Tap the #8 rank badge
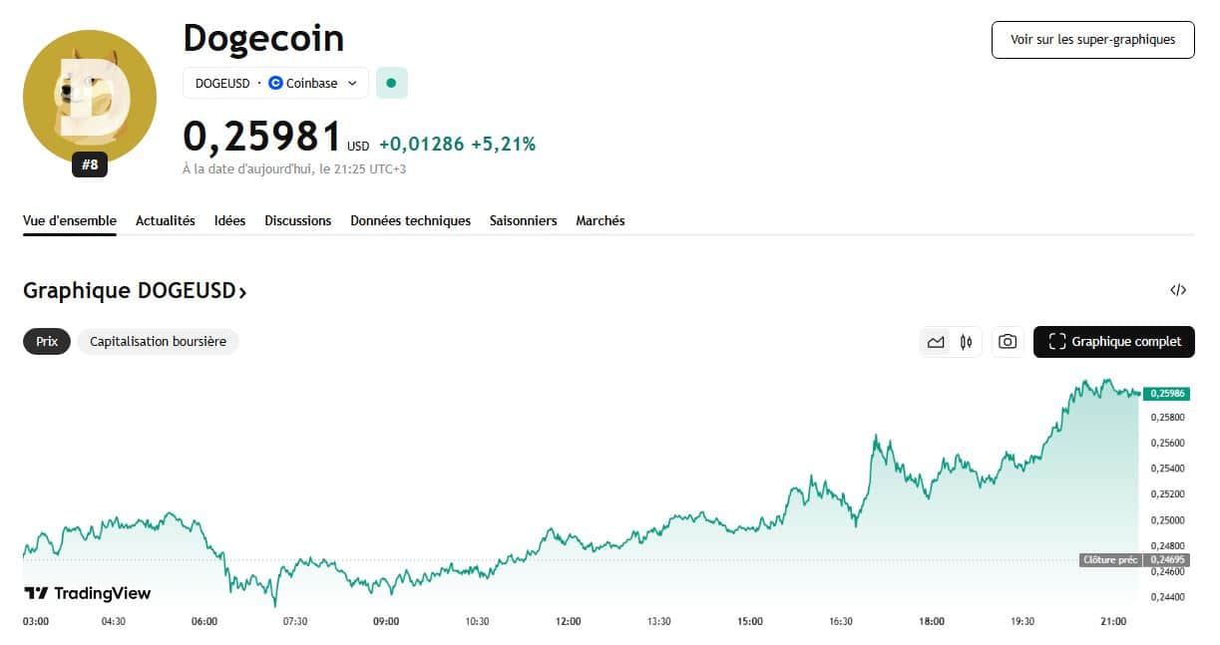[x=90, y=165]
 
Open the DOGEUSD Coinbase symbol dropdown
[x=275, y=83]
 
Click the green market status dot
[x=391, y=83]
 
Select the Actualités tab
[x=166, y=220]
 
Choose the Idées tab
[x=229, y=220]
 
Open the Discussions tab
[x=297, y=220]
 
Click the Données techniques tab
[x=410, y=220]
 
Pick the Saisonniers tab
[x=523, y=220]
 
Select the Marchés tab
[x=600, y=220]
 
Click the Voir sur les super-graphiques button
[x=1092, y=40]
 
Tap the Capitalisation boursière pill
[x=158, y=341]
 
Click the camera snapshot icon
[x=1008, y=342]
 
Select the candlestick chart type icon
[x=966, y=342]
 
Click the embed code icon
[x=1178, y=290]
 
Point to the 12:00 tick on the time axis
[x=568, y=621]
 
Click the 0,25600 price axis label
[x=1167, y=443]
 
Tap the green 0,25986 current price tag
[x=1166, y=394]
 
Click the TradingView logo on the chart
[x=88, y=593]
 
